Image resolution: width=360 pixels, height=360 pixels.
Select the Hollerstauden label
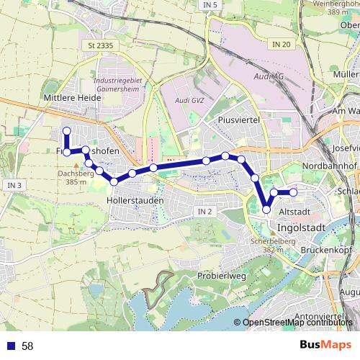pyautogui.click(x=135, y=199)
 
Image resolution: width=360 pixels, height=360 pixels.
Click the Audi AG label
pyautogui.click(x=271, y=76)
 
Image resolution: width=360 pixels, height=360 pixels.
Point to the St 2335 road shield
pyautogui.click(x=101, y=45)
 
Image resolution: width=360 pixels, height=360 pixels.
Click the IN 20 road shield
pyautogui.click(x=281, y=45)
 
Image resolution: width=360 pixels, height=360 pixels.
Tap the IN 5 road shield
pyautogui.click(x=210, y=5)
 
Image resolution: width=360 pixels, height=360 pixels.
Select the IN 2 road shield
pyautogui.click(x=205, y=212)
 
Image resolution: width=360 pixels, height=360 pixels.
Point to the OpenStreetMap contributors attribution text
pyautogui.click(x=297, y=323)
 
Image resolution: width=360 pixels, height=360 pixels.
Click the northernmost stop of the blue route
pyautogui.click(x=66, y=131)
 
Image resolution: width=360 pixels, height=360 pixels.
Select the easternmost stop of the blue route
pyautogui.click(x=294, y=192)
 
